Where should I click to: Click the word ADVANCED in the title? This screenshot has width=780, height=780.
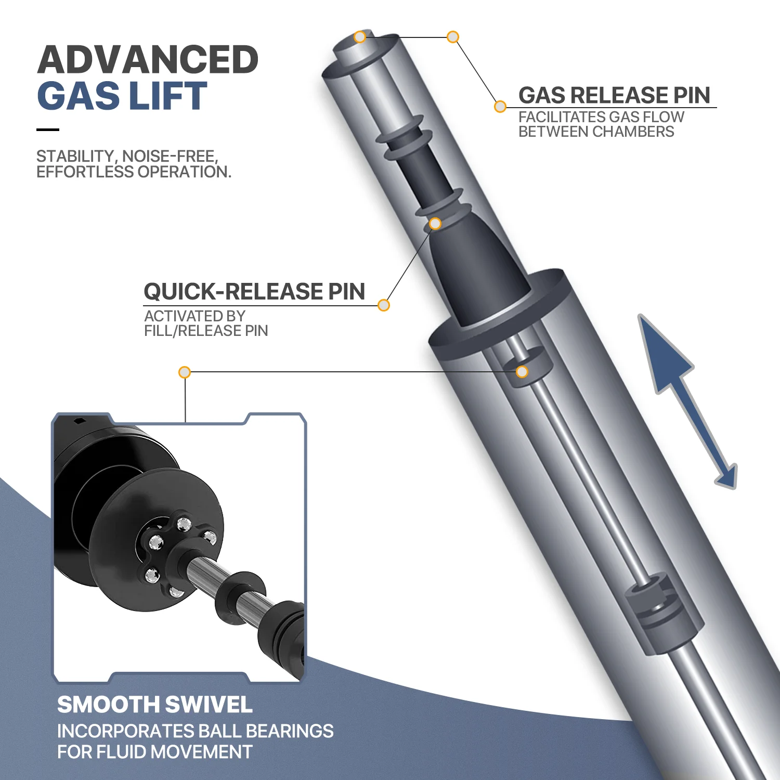pyautogui.click(x=148, y=60)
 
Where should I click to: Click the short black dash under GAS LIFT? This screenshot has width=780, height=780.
pyautogui.click(x=48, y=129)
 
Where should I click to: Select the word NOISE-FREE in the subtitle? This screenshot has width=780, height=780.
pyautogui.click(x=170, y=156)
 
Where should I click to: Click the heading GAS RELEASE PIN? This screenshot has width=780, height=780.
pyautogui.click(x=614, y=95)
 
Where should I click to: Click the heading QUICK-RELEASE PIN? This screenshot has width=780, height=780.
pyautogui.click(x=254, y=292)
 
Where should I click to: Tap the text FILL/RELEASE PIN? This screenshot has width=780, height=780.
pyautogui.click(x=206, y=331)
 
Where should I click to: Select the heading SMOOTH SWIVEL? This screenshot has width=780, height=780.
pyautogui.click(x=154, y=705)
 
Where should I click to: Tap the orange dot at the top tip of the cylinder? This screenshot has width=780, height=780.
pyautogui.click(x=360, y=37)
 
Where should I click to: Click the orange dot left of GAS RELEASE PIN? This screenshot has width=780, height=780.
pyautogui.click(x=500, y=107)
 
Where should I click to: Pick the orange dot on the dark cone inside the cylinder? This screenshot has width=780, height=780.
pyautogui.click(x=435, y=224)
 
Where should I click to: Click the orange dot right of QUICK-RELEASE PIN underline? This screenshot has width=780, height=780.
pyautogui.click(x=384, y=305)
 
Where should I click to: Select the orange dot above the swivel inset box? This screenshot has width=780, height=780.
pyautogui.click(x=185, y=372)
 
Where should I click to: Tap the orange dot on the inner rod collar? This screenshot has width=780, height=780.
pyautogui.click(x=522, y=372)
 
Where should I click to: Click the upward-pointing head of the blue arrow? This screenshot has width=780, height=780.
pyautogui.click(x=662, y=354)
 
